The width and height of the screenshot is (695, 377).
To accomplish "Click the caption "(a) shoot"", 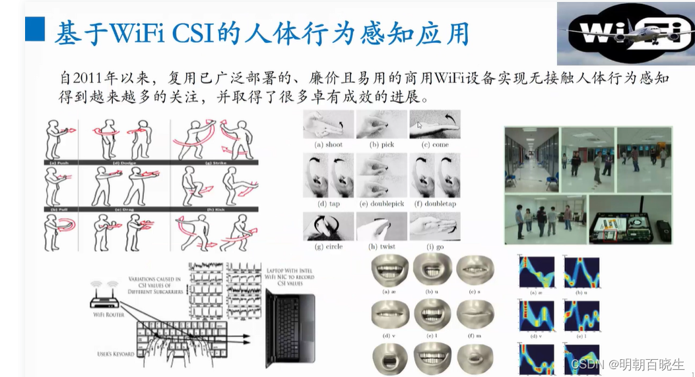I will [329, 144].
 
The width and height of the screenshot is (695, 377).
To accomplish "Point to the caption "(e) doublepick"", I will [381, 204].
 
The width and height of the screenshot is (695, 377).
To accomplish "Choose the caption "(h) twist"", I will [381, 246].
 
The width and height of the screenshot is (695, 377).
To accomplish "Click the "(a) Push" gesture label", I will [60, 162].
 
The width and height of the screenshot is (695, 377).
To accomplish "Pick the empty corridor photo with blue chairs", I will [531, 158].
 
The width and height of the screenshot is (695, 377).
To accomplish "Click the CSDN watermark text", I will [627, 363].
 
